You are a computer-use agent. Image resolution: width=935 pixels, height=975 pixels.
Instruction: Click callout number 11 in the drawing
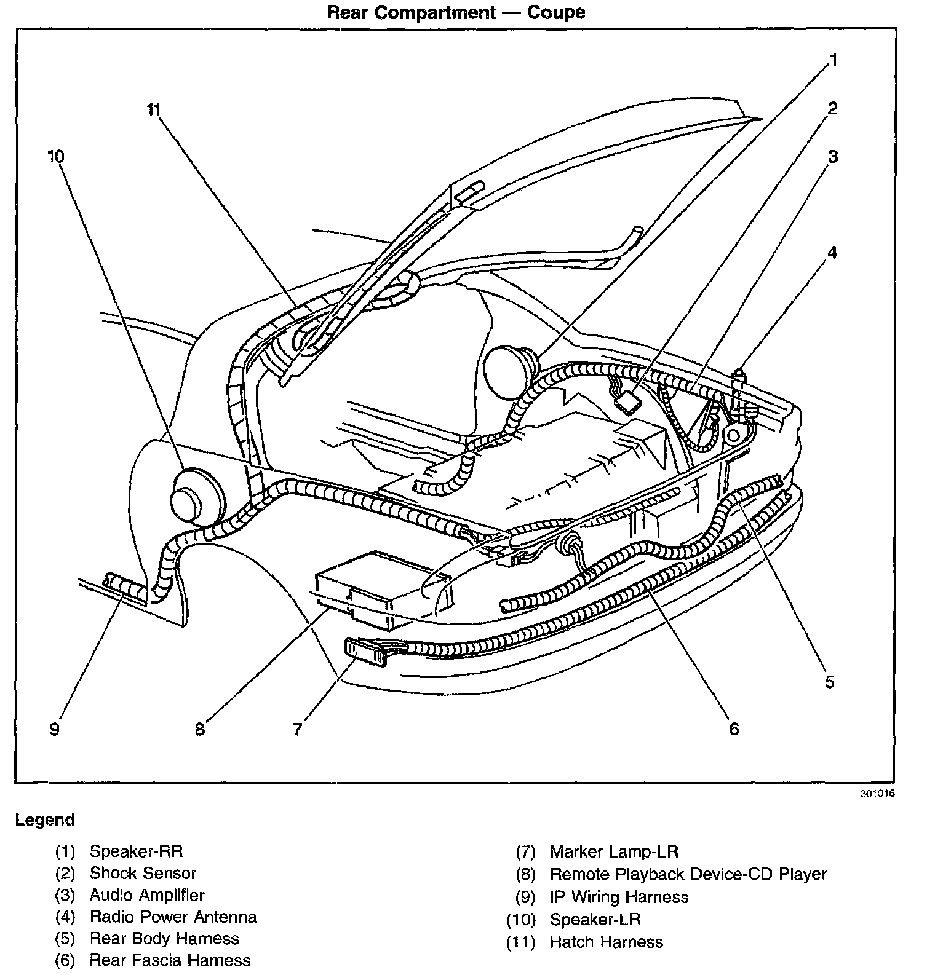coord(153,110)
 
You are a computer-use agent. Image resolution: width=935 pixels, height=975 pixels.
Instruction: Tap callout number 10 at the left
coord(55,157)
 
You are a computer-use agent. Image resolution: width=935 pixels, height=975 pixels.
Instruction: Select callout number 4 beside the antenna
coord(832,253)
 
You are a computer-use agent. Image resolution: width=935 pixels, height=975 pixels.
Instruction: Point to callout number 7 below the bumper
coord(298,729)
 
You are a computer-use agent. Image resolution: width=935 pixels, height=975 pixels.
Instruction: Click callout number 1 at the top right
coord(834,60)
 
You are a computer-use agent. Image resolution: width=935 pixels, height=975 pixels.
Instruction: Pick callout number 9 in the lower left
coord(55,729)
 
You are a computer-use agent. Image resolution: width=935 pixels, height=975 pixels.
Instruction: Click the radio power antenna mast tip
coord(739,373)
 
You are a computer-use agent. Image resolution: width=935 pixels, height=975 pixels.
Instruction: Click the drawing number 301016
coord(877,794)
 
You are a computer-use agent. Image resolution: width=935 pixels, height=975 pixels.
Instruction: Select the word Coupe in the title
coord(556,12)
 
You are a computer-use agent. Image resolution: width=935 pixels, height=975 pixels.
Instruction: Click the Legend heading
coord(45,820)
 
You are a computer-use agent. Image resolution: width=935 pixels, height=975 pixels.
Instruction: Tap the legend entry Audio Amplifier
coord(146,895)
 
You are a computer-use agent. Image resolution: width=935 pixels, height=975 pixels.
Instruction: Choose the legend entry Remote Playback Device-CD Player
coord(688,874)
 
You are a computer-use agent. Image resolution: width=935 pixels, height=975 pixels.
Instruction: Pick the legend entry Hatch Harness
coord(606,942)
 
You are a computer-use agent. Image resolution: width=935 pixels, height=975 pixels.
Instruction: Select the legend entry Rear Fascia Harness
coord(170,960)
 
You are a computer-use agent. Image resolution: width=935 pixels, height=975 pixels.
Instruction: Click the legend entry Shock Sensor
coord(143,873)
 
